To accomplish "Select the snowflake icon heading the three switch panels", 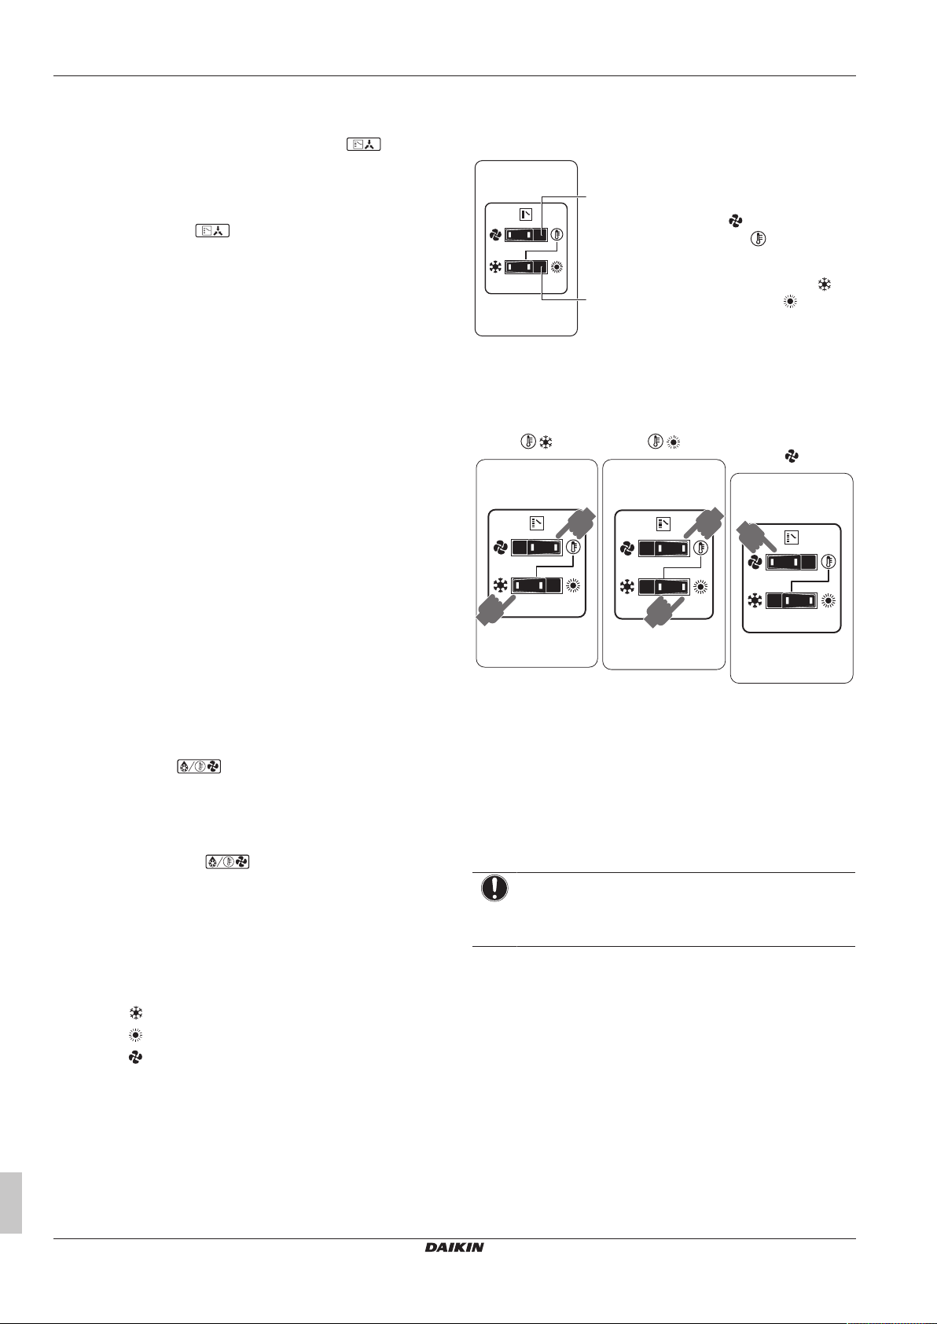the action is point(546,443).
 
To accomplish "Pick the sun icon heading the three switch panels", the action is point(673,443).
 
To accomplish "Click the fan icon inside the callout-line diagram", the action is point(495,234).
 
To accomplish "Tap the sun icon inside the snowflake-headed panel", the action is point(573,586).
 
